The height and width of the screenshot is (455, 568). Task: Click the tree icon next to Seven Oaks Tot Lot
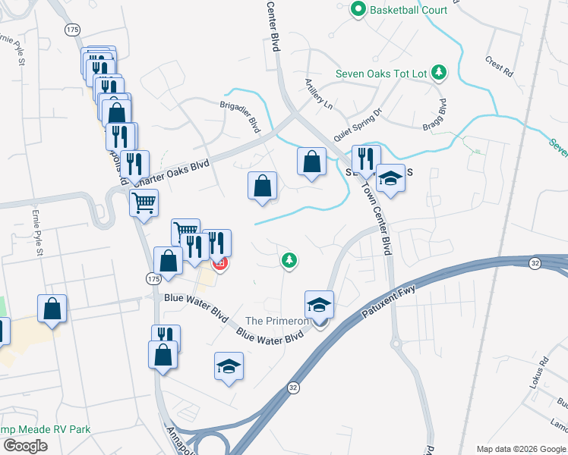coord(438,73)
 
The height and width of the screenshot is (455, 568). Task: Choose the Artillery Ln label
coord(318,93)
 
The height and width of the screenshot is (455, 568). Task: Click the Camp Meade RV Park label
coord(46,429)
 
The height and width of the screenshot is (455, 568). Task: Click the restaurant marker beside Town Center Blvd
coord(366,160)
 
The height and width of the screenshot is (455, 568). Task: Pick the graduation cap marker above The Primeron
coord(320,305)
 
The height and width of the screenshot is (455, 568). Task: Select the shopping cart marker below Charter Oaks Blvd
coord(144,202)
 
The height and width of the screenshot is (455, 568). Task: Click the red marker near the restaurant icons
coord(220,263)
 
